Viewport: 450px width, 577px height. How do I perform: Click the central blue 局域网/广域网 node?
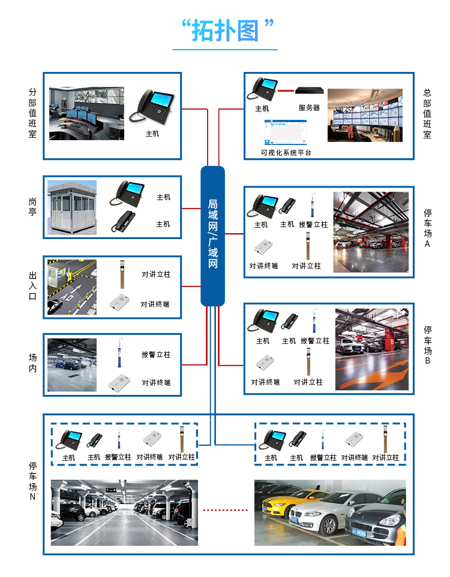tap(212, 235)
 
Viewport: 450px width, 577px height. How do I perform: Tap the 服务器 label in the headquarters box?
tap(309, 108)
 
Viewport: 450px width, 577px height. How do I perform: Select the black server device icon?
tap(309, 91)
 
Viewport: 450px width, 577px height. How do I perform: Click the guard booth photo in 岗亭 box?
tap(72, 207)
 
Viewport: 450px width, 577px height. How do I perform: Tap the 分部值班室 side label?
tap(32, 113)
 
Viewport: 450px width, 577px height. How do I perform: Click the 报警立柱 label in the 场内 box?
tap(156, 355)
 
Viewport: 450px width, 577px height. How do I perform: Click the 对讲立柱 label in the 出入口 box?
tap(156, 274)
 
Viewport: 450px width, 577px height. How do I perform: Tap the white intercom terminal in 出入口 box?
tap(120, 304)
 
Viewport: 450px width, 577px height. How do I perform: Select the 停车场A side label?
tap(427, 228)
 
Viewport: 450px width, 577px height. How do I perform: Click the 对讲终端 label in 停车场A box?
tap(263, 265)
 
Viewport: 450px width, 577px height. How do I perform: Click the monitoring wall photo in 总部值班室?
tap(365, 115)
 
